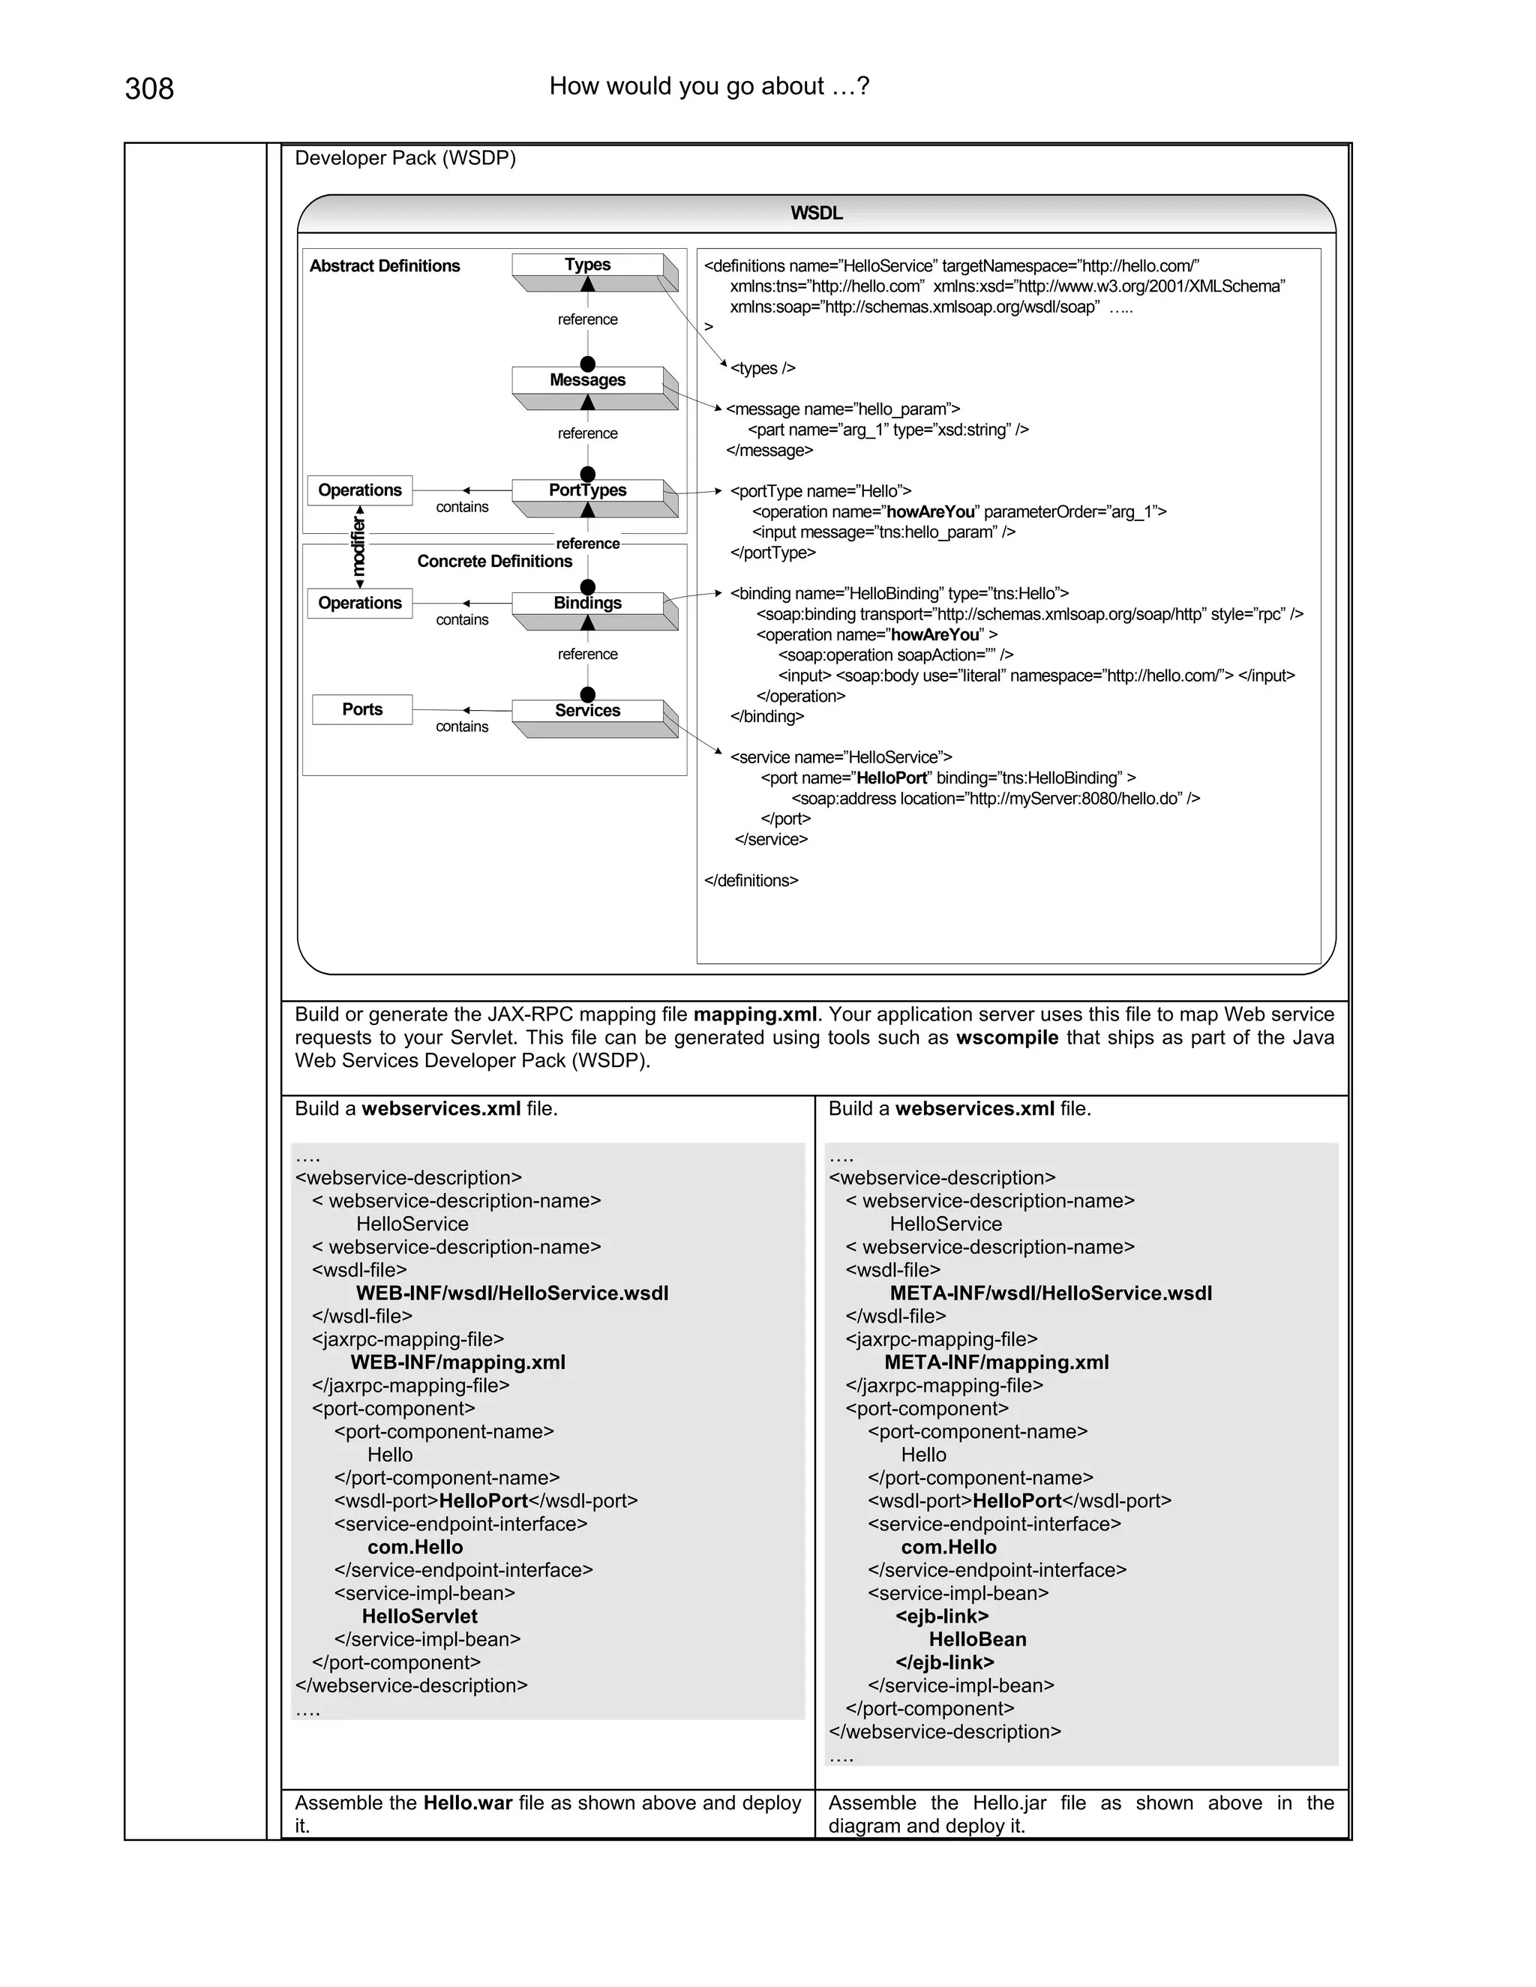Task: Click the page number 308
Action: (149, 89)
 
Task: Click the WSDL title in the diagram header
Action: (816, 214)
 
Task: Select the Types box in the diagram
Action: (588, 265)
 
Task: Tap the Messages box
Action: (588, 380)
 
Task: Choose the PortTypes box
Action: (588, 490)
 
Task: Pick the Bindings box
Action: (588, 603)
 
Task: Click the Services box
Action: (588, 711)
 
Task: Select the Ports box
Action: (362, 709)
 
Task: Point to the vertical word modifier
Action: (358, 546)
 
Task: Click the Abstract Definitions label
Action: (385, 265)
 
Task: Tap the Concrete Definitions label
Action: (494, 562)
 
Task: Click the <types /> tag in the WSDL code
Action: (763, 368)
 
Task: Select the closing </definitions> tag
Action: (751, 881)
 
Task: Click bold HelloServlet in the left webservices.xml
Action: (419, 1616)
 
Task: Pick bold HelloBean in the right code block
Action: (977, 1639)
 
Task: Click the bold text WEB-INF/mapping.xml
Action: (457, 1362)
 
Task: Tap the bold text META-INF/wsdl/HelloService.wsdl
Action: (1051, 1293)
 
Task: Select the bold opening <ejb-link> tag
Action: (942, 1616)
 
